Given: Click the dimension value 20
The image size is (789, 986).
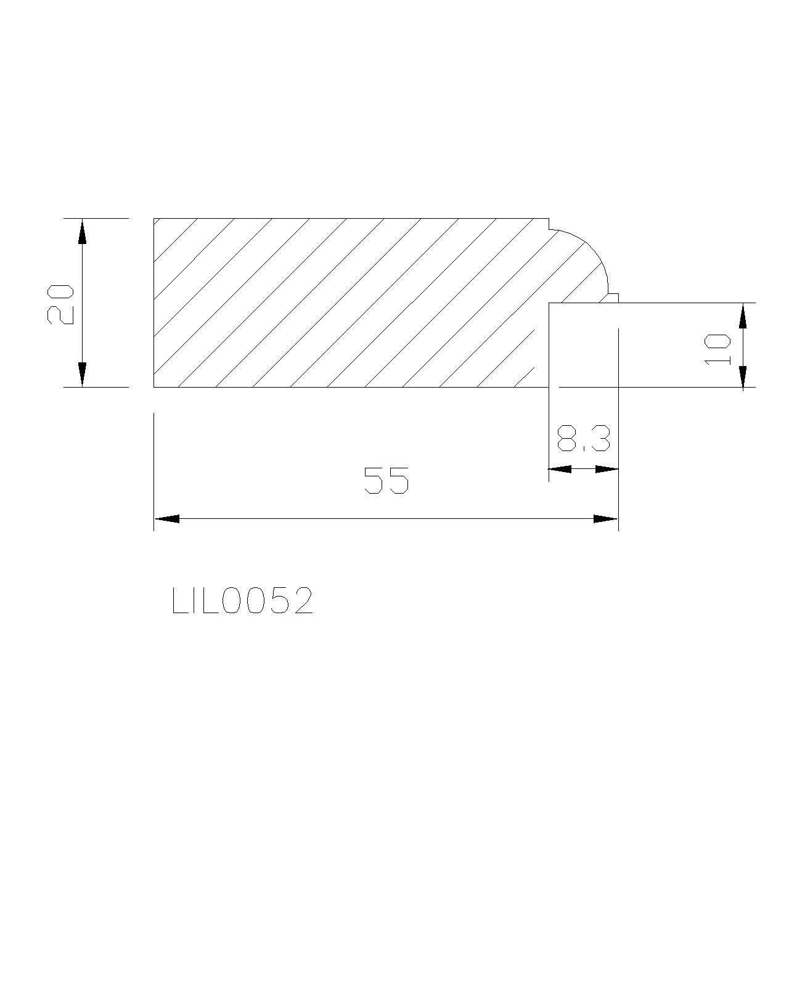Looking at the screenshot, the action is pyautogui.click(x=60, y=304).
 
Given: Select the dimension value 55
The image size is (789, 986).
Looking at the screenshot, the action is pyautogui.click(x=386, y=480).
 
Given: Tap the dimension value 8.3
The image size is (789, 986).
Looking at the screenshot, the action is pyautogui.click(x=584, y=439).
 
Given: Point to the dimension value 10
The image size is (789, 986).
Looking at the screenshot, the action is pyautogui.click(x=717, y=349).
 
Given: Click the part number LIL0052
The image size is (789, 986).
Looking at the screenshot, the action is pyautogui.click(x=242, y=601).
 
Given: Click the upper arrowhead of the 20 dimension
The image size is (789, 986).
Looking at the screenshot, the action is pyautogui.click(x=82, y=231).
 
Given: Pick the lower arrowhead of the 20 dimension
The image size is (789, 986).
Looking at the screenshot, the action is pyautogui.click(x=82, y=374).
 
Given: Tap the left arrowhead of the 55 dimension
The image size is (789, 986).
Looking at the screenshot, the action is pyautogui.click(x=166, y=519).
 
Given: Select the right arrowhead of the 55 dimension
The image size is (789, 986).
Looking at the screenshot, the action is pyautogui.click(x=605, y=519).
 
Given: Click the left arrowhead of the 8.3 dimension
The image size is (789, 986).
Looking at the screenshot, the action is pyautogui.click(x=561, y=469).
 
